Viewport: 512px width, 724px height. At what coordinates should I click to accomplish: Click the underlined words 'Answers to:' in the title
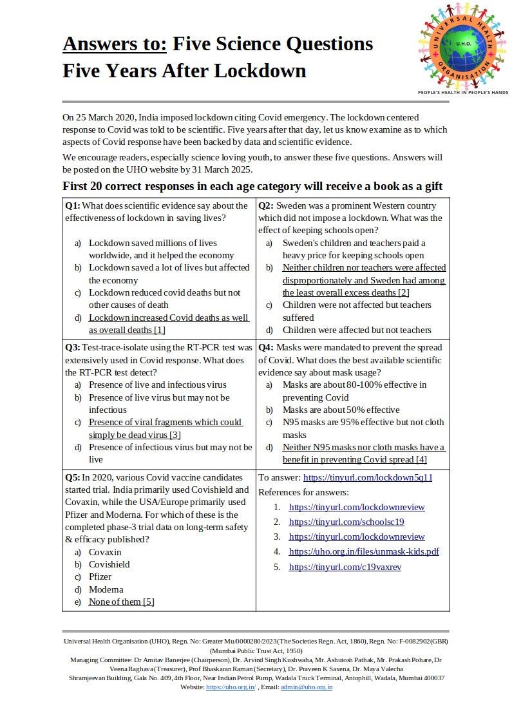tap(115, 44)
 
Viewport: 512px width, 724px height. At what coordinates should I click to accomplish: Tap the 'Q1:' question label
tap(73, 206)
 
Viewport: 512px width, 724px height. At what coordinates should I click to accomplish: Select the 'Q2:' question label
tap(267, 206)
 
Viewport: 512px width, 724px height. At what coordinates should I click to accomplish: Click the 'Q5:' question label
tap(73, 478)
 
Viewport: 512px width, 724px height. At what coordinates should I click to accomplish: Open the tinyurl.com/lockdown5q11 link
tap(367, 478)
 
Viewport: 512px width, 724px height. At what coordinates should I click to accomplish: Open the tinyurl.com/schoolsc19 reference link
tap(346, 522)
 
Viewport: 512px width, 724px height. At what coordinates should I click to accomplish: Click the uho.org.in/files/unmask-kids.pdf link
tap(364, 551)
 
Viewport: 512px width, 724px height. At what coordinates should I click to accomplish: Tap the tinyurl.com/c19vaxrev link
tap(345, 567)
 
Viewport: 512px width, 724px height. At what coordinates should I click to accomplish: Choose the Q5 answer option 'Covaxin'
tap(105, 552)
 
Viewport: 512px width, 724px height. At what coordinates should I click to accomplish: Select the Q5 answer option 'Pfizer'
tap(100, 576)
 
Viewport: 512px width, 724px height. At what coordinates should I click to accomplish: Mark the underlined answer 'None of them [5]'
tap(121, 602)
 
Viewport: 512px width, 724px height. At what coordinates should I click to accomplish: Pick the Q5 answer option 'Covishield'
tap(109, 564)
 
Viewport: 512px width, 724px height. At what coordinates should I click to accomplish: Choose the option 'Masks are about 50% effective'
tap(341, 410)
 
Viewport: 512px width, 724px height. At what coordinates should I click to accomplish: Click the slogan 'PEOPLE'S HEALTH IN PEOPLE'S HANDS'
tap(463, 93)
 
